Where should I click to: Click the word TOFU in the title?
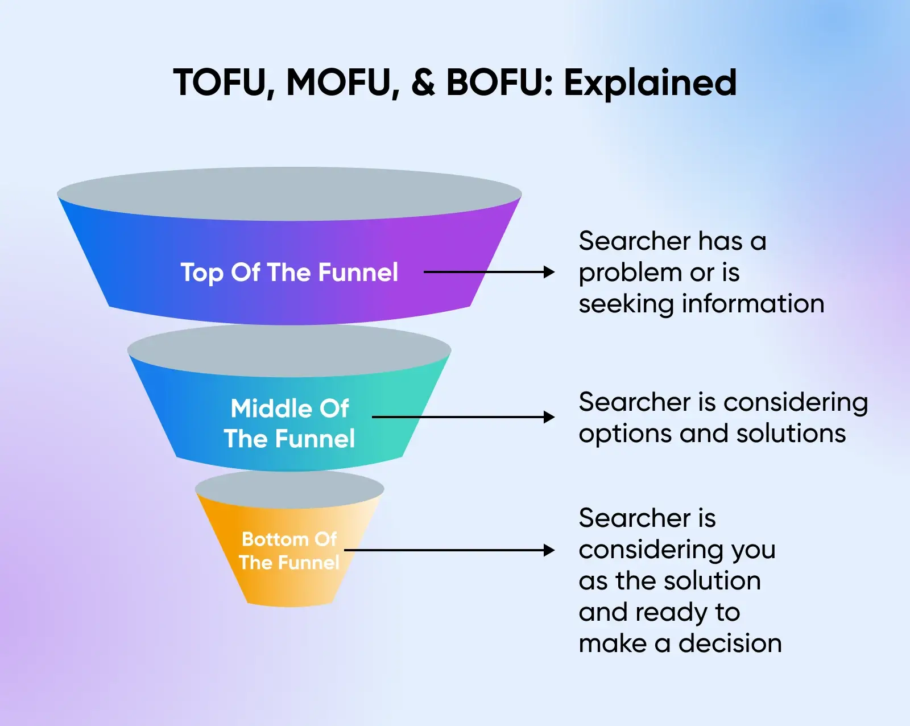(219, 82)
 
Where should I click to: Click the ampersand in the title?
(423, 82)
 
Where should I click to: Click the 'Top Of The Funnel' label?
(289, 273)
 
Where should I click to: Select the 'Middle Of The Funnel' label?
(289, 423)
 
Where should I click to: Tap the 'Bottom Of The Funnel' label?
(289, 550)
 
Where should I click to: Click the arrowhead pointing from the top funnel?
(549, 272)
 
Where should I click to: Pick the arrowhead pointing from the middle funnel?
(549, 417)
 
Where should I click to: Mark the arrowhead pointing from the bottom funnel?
(549, 550)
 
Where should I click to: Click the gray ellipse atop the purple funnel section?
(289, 193)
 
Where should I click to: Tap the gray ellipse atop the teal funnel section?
(289, 350)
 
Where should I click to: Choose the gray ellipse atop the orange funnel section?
(289, 489)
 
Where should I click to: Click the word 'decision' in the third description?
(730, 643)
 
